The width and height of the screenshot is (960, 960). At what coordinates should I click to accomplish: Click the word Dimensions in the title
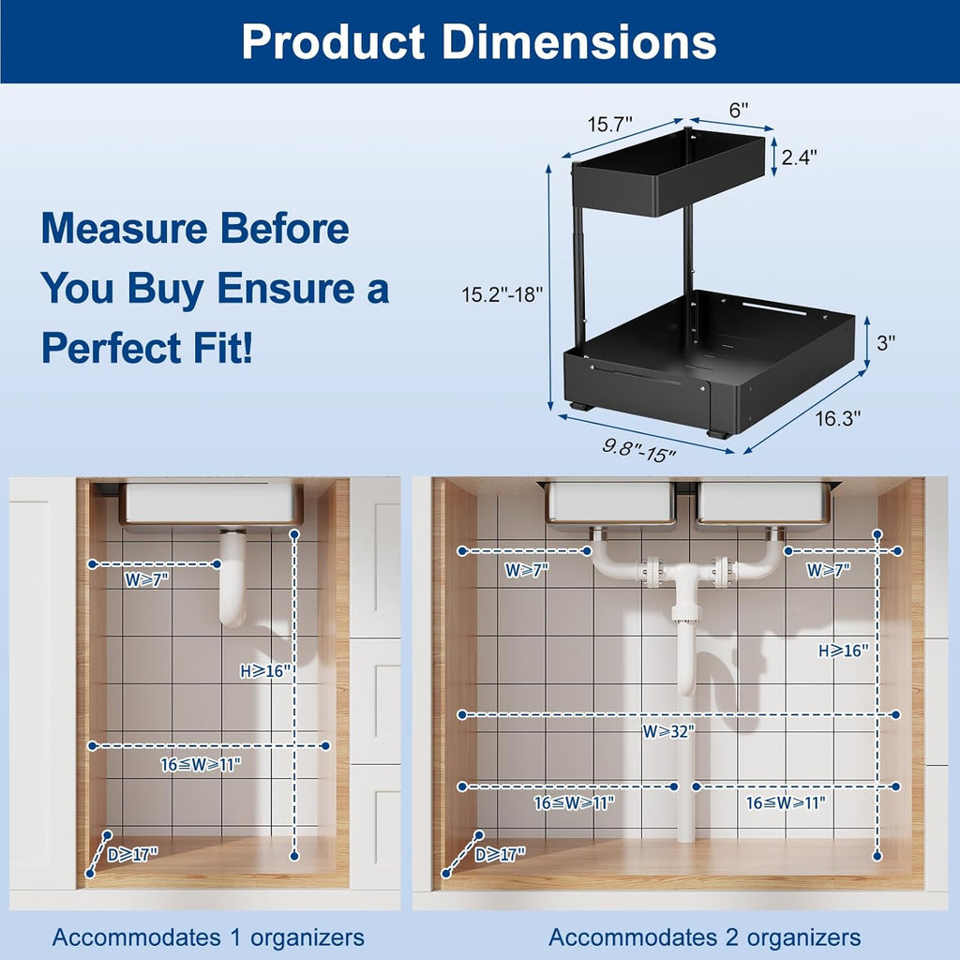580,41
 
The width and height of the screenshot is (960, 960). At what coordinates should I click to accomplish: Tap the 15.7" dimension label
610,124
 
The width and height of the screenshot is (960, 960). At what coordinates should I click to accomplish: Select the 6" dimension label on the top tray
739,110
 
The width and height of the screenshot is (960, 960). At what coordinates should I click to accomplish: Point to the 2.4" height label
799,157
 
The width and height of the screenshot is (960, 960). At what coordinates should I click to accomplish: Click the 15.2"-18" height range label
501,293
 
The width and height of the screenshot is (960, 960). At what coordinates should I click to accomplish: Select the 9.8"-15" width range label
638,451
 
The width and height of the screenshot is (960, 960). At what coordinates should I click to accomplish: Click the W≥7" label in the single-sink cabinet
146,579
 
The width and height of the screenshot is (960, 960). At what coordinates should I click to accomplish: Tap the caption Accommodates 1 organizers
208,937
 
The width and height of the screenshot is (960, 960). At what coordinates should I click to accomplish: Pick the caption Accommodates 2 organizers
704,937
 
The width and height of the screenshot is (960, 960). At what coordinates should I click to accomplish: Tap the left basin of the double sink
611,502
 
